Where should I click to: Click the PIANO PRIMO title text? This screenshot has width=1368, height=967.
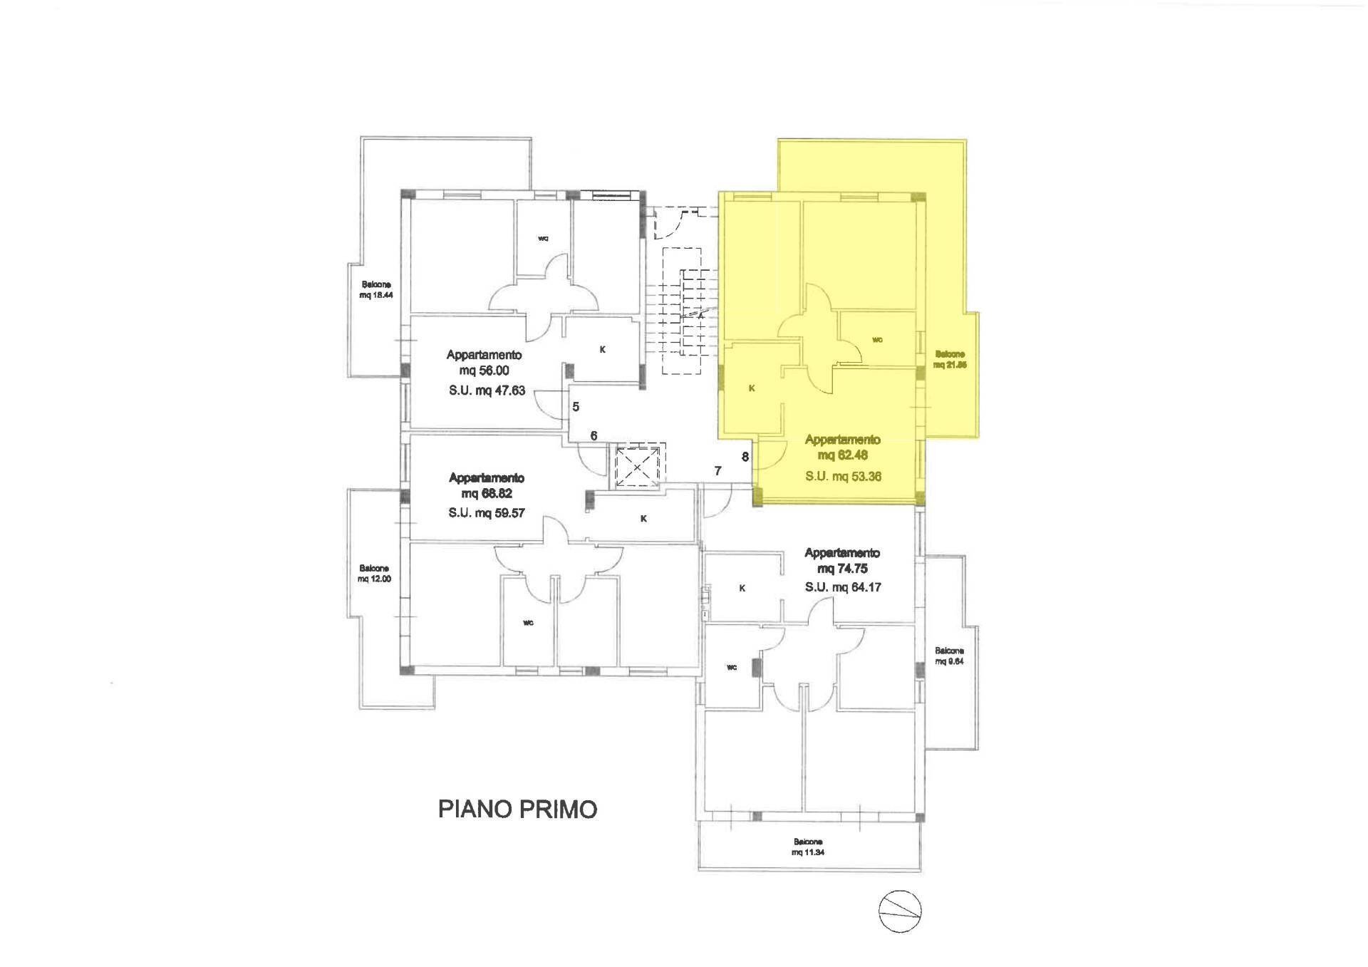point(517,810)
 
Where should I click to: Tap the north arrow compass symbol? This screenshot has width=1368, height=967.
point(900,911)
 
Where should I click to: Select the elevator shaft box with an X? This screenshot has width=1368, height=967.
point(638,466)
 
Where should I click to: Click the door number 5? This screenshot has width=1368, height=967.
point(576,407)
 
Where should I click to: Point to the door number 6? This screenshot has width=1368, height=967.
point(594,435)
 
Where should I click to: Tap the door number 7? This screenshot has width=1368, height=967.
point(718,470)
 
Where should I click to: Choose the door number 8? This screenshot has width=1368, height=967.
point(745,457)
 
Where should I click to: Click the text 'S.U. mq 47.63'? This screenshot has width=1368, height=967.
point(487,391)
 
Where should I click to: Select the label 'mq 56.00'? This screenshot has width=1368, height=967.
point(484,371)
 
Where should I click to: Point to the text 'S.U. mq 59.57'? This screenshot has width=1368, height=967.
point(487,512)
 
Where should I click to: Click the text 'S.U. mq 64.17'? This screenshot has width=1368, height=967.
point(843,587)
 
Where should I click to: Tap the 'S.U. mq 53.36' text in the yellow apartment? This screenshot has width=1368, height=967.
point(844,476)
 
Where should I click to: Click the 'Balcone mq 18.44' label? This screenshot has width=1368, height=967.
point(376,289)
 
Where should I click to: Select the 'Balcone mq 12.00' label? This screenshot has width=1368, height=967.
point(375,574)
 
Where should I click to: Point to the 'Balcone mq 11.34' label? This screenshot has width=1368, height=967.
point(808,847)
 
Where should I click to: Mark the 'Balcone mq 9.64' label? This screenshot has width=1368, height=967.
point(950,656)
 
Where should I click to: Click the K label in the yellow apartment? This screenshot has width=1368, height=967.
point(752,388)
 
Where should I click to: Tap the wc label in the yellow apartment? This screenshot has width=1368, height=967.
point(877,340)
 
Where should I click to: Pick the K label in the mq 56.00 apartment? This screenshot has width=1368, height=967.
point(603,350)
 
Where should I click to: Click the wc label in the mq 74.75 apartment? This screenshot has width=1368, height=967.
point(731,668)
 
